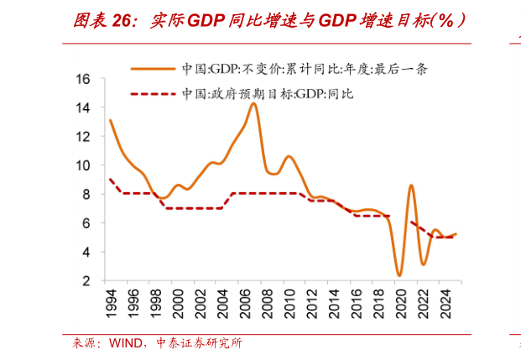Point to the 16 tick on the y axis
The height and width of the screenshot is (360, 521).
83,79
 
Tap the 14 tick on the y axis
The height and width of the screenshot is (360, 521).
83,107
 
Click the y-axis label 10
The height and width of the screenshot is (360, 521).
83,165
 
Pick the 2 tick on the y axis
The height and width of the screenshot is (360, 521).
86,280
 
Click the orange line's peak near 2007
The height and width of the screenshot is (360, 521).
253,103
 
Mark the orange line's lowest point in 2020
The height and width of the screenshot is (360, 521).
399,275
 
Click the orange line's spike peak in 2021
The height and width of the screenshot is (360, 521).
411,185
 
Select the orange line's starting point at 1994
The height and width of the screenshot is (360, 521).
110,120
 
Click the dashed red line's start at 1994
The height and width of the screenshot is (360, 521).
110,179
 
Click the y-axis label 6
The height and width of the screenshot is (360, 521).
86,223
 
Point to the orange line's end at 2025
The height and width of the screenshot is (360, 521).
456,234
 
